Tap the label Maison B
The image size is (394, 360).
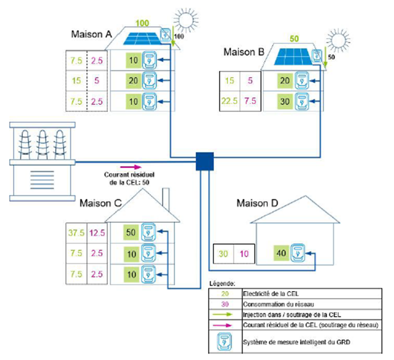(x=243, y=52)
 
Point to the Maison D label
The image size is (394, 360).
(x=257, y=203)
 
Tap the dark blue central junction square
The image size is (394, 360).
(x=205, y=161)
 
